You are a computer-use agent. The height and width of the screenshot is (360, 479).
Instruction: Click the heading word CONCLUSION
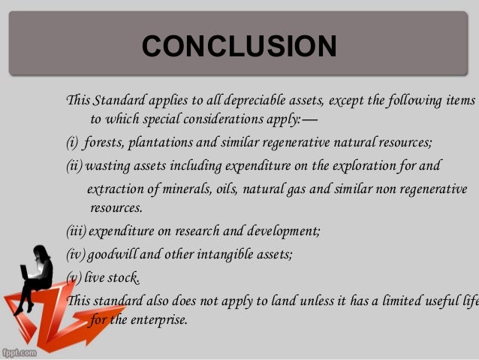pyautogui.click(x=239, y=47)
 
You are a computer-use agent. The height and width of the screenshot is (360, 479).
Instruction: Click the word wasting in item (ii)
pyautogui.click(x=108, y=165)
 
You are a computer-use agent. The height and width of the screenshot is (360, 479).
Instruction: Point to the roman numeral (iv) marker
pyautogui.click(x=76, y=254)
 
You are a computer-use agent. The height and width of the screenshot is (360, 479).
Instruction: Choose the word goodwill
pyautogui.click(x=115, y=254)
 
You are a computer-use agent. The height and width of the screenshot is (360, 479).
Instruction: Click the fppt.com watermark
pyautogui.click(x=21, y=352)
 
